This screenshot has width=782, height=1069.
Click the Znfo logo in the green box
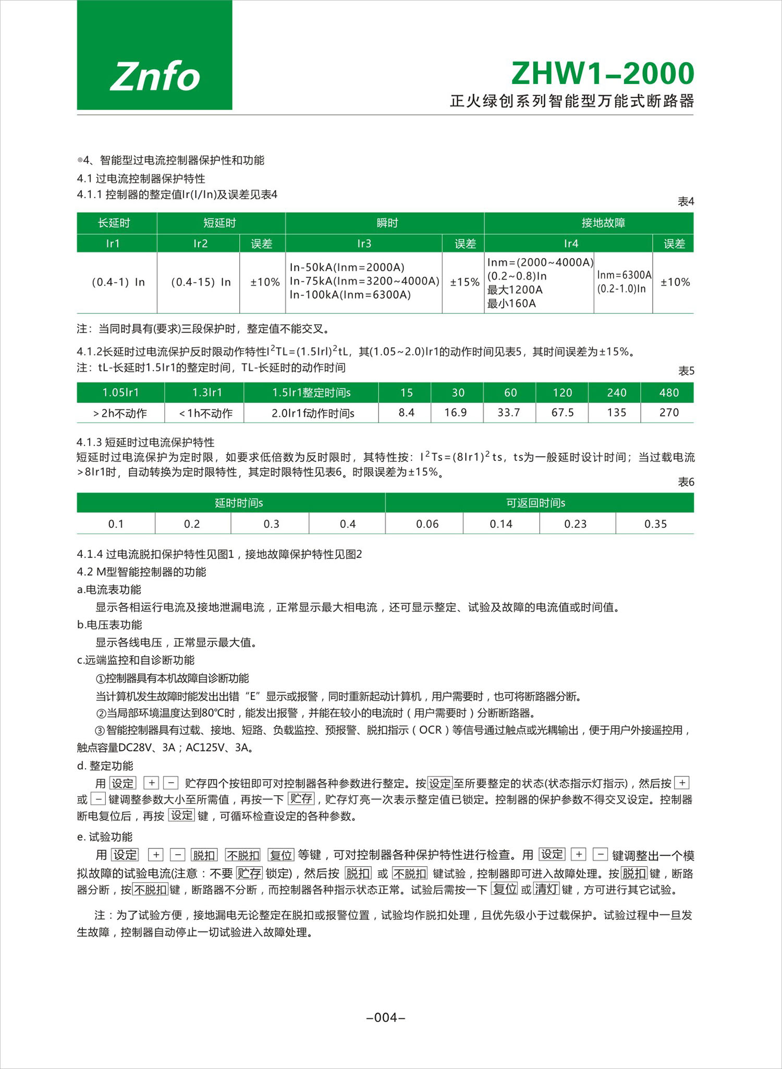[x=155, y=76]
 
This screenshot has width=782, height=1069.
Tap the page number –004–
[x=386, y=1017]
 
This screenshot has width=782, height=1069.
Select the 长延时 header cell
[x=114, y=223]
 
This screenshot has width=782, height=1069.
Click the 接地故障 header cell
[x=603, y=223]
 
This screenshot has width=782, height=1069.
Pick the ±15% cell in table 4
[x=464, y=282]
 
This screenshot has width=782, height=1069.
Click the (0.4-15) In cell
[x=201, y=282]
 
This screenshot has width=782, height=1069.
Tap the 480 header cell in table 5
[x=668, y=393]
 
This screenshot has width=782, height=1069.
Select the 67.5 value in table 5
[x=563, y=412]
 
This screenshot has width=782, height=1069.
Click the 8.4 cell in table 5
[x=407, y=412]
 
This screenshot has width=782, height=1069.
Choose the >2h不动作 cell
[x=120, y=414]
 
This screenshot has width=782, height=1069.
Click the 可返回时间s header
[x=536, y=503]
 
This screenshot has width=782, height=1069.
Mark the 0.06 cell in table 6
[x=427, y=524]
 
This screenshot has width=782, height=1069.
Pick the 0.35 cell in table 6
[x=655, y=524]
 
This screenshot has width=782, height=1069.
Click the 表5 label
[x=686, y=371]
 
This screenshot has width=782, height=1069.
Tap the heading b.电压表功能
[x=109, y=625]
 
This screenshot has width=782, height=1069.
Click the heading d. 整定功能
[x=105, y=766]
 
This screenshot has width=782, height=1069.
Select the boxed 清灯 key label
[x=546, y=889]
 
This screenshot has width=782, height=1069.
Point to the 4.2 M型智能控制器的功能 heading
[x=141, y=572]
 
